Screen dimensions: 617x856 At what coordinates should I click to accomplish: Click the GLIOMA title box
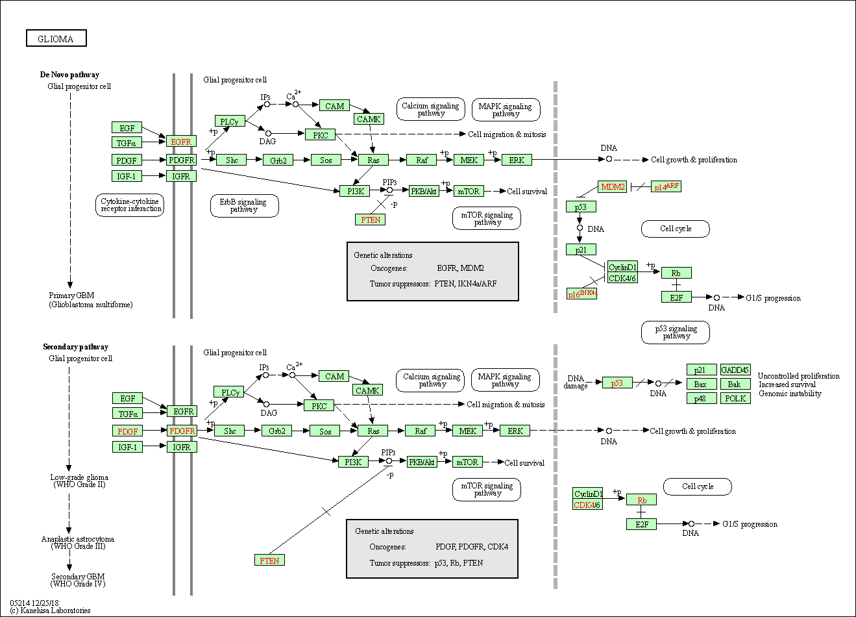coord(56,39)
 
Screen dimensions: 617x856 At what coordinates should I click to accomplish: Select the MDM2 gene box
coord(613,187)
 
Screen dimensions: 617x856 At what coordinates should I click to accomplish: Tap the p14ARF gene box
coord(666,187)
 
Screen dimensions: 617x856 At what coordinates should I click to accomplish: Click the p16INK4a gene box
coord(581,294)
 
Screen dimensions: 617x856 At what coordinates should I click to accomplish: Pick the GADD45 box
coord(735,370)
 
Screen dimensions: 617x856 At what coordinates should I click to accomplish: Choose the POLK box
coord(735,398)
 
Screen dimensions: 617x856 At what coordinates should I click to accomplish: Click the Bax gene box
coord(701,384)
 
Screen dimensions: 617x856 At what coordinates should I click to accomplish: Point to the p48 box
coord(701,398)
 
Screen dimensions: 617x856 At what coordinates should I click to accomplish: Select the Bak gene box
coord(735,384)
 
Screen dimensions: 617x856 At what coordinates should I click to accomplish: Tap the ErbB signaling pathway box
coord(244,206)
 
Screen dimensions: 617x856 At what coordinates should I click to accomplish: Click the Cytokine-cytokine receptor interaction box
coord(130,205)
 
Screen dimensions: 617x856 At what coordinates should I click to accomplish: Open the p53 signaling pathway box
coord(676,333)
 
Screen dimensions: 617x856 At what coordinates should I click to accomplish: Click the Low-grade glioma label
coord(79,481)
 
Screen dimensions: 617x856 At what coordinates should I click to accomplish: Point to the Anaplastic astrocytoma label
coord(78,542)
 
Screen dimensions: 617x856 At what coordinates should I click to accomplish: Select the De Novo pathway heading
coord(69,75)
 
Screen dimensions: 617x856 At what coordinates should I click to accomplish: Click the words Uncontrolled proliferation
coord(798,376)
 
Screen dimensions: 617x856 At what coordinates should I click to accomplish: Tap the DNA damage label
coord(576,382)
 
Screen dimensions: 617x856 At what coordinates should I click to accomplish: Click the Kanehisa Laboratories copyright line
coord(50,611)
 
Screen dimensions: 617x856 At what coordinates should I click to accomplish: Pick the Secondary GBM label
coord(78,580)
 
